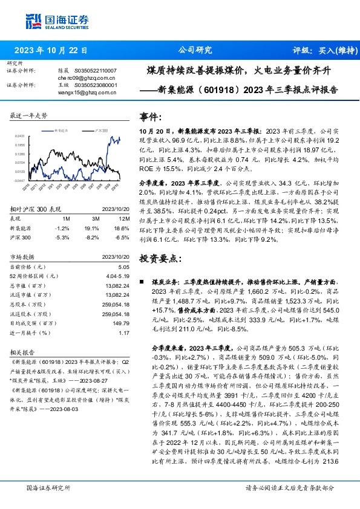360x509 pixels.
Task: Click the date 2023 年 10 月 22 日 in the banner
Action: click(50, 50)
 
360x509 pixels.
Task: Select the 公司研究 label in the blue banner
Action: click(195, 50)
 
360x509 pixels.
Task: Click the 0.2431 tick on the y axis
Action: click(20, 137)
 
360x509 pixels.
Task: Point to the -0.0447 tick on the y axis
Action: click(20, 180)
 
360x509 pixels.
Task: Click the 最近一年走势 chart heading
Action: click(29, 115)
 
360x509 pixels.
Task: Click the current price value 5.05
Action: click(123, 267)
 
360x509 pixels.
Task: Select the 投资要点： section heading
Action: click(160, 258)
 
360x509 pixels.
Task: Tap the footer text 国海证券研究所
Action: click(48, 487)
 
